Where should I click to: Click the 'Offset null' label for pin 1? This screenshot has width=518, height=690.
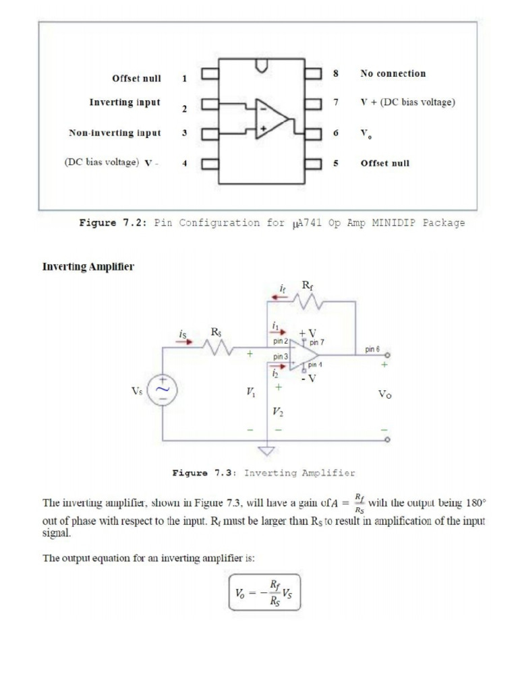coord(136,78)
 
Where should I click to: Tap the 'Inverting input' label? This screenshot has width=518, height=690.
coord(125,102)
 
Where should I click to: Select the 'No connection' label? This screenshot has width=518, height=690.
coord(393,73)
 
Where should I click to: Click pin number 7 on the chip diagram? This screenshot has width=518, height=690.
coord(335,103)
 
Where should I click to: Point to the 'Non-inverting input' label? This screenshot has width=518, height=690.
coord(115,133)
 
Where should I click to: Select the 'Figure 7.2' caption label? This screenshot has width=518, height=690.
coord(113,223)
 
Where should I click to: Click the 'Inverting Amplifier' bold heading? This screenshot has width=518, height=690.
coord(88,267)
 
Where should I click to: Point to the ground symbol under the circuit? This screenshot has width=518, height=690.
coord(268,451)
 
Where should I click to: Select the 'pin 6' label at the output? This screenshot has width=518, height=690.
coord(372,350)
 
